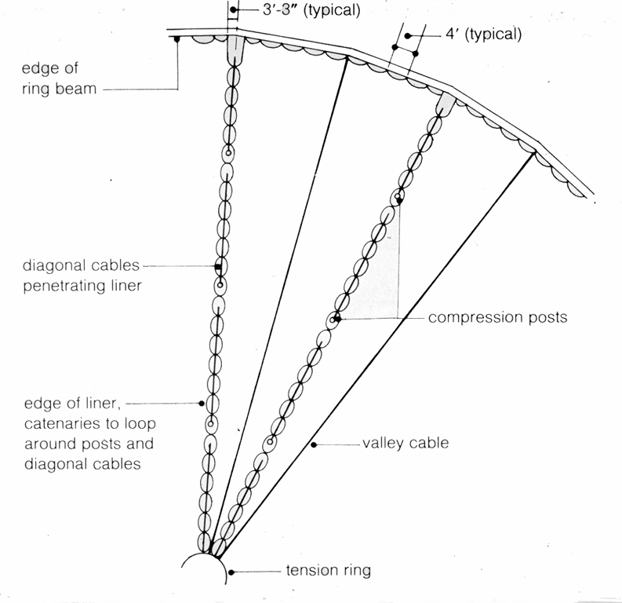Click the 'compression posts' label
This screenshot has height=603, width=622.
[x=497, y=318]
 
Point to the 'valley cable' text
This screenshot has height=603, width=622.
[x=406, y=443]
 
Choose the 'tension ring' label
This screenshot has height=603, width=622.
[x=328, y=571]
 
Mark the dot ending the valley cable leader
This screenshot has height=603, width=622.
[x=314, y=445]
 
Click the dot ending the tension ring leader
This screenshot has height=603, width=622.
[x=230, y=572]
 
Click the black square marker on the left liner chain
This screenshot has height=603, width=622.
[x=217, y=269]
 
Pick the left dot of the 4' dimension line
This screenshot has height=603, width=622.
[x=408, y=35]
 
